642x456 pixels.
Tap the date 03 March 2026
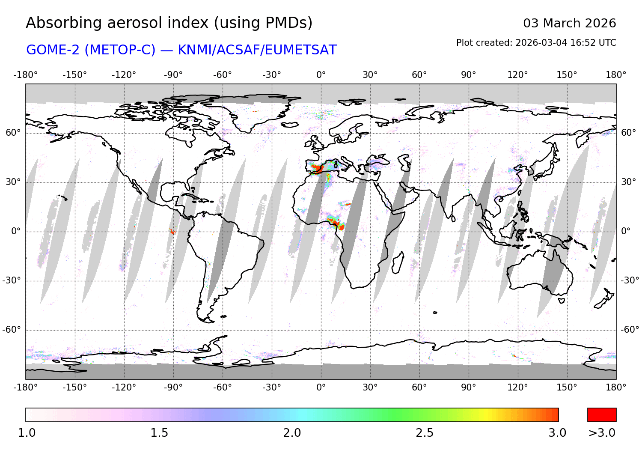point(569,23)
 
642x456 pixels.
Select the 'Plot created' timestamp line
point(536,43)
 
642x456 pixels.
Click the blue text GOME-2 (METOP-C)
point(91,50)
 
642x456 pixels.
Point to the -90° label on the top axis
point(173,75)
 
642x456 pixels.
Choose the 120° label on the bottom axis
point(517,387)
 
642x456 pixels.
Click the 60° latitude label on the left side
point(13,133)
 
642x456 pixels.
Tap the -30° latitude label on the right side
point(630,280)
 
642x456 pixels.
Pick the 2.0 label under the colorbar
point(292,433)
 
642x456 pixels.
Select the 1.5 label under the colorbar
point(159,433)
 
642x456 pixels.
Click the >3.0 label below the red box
point(602,433)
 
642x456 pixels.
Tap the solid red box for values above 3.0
point(602,415)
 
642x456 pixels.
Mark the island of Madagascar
point(398,262)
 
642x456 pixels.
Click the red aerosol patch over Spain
point(317,168)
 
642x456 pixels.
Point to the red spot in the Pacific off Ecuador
point(173,232)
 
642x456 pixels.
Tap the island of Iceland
point(291,125)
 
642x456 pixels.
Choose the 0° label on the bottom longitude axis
point(321,387)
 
